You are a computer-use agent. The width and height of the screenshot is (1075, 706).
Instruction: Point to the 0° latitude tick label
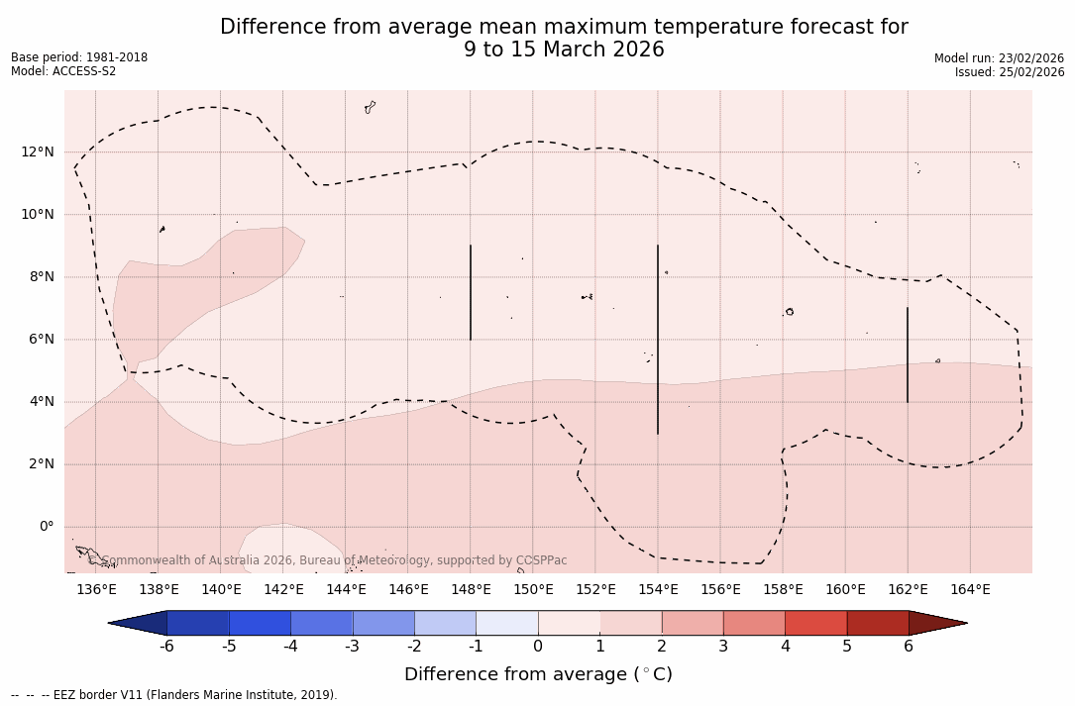click(x=46, y=526)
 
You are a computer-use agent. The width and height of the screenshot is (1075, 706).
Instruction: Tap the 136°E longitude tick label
click(x=96, y=590)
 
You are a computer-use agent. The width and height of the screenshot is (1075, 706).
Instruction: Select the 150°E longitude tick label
click(x=533, y=590)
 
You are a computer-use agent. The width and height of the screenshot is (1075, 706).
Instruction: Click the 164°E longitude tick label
click(x=970, y=590)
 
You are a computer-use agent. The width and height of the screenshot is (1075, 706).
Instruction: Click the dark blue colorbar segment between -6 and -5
click(x=198, y=623)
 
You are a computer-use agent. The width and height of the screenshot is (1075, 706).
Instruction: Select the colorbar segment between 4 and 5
click(x=815, y=623)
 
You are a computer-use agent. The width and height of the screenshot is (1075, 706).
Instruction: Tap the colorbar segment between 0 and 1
click(x=569, y=623)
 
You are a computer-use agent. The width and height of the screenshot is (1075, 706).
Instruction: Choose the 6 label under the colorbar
click(x=909, y=647)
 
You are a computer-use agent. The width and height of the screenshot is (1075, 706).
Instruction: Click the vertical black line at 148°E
click(x=471, y=292)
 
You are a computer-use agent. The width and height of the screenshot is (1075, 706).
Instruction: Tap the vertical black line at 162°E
click(x=908, y=354)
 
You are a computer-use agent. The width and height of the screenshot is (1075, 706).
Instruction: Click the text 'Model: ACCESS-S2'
click(x=63, y=71)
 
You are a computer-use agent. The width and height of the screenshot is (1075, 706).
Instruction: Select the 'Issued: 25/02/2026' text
click(x=1010, y=72)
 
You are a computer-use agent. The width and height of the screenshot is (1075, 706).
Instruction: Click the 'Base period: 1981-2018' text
click(x=79, y=57)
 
